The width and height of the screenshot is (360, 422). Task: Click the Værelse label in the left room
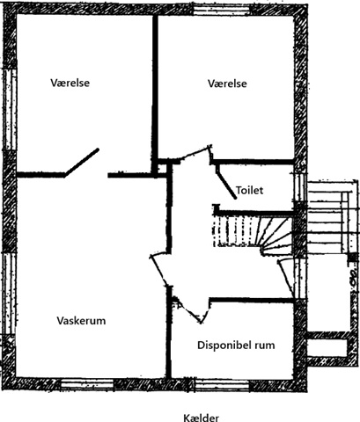pos(70,83)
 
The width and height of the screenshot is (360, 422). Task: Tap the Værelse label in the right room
pos(227,84)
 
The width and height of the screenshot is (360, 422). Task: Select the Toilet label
pos(250,191)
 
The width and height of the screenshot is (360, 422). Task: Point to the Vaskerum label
pos(81,321)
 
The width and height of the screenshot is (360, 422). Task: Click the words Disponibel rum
pos(236,345)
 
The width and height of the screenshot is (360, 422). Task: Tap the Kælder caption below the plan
pos(202,418)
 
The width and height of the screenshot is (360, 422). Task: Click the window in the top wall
pos(222,10)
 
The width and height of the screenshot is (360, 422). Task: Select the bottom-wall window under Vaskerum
pos(87,384)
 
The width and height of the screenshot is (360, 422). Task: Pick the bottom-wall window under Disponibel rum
pos(222,385)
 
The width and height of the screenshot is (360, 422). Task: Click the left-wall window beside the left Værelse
pos(10,110)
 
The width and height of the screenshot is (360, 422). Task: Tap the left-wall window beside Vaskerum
pos(10,294)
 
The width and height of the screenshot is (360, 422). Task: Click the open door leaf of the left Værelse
pos(82,163)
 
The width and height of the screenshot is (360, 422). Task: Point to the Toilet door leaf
pos(227,183)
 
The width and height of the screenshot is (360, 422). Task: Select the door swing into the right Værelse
pos(196,154)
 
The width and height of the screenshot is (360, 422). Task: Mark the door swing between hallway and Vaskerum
pos(159,270)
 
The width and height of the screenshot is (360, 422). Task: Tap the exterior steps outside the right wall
pos(332,217)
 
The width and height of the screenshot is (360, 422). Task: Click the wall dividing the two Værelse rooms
pos(155,94)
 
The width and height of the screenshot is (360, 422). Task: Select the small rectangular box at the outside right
pos(327,348)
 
